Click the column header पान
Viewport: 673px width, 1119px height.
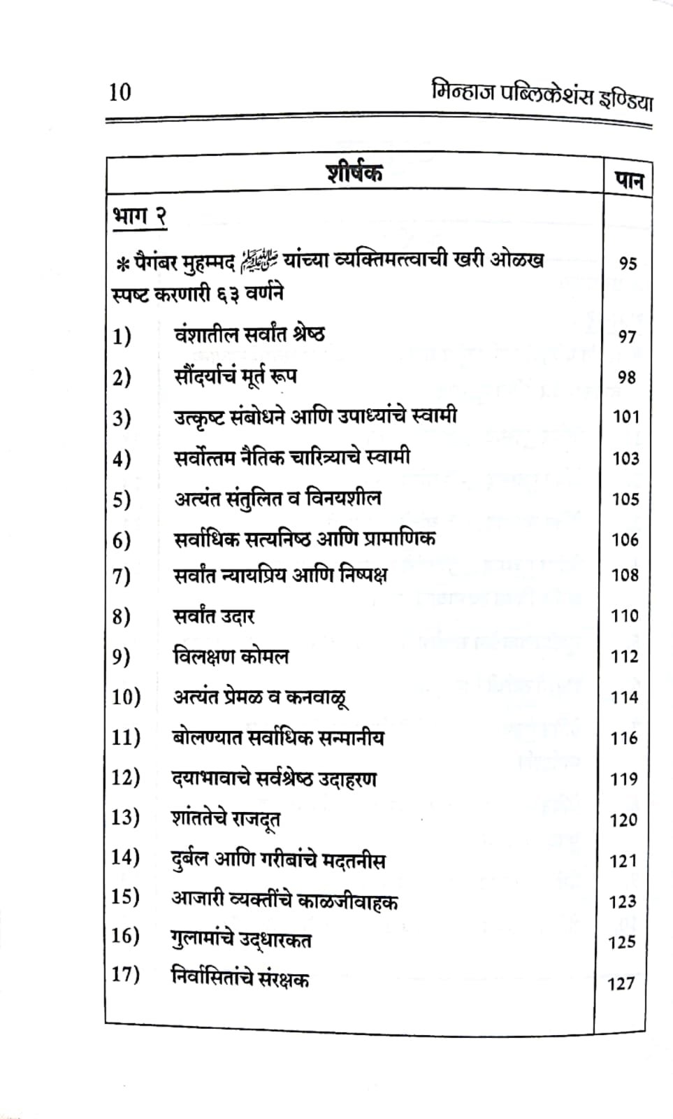click(628, 181)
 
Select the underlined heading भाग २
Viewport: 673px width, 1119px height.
click(139, 218)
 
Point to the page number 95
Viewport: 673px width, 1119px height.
click(628, 264)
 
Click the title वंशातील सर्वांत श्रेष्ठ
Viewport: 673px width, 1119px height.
click(249, 335)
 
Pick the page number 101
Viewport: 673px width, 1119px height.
click(625, 417)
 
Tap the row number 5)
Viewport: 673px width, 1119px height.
click(122, 500)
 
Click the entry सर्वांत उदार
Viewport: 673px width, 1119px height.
click(214, 616)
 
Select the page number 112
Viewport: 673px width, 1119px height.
click(624, 657)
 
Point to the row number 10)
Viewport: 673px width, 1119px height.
click(126, 697)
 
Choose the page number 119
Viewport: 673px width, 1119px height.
click(624, 779)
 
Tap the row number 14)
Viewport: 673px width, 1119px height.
click(126, 857)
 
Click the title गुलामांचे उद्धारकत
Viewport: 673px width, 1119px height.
click(242, 939)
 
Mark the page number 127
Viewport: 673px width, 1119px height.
click(621, 983)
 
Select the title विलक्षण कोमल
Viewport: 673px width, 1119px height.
click(231, 657)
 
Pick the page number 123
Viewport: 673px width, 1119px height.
click(623, 901)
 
